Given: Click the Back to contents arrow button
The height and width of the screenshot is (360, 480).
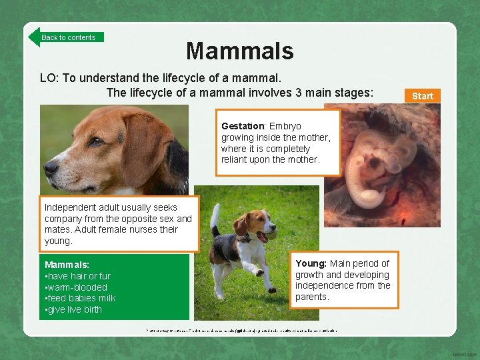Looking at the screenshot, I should pos(66,37).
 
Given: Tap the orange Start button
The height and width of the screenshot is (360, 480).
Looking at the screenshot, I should pos(422,96).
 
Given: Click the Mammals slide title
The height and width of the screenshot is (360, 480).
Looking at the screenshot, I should pos(239,51).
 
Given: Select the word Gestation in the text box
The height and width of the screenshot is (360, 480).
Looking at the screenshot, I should pos(243,126).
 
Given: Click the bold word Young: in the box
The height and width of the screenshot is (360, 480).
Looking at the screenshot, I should pos(311,263).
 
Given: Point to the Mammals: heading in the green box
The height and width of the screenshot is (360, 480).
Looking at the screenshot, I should pos(67,265).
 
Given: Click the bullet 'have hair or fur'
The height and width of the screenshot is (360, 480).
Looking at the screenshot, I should pos(78,276).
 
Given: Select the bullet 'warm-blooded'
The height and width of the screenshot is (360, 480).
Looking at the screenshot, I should pos(75,287).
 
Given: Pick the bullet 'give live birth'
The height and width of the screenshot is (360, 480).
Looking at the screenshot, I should pos(74,309).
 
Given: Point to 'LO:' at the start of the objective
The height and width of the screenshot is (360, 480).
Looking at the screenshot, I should pos(49,78).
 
